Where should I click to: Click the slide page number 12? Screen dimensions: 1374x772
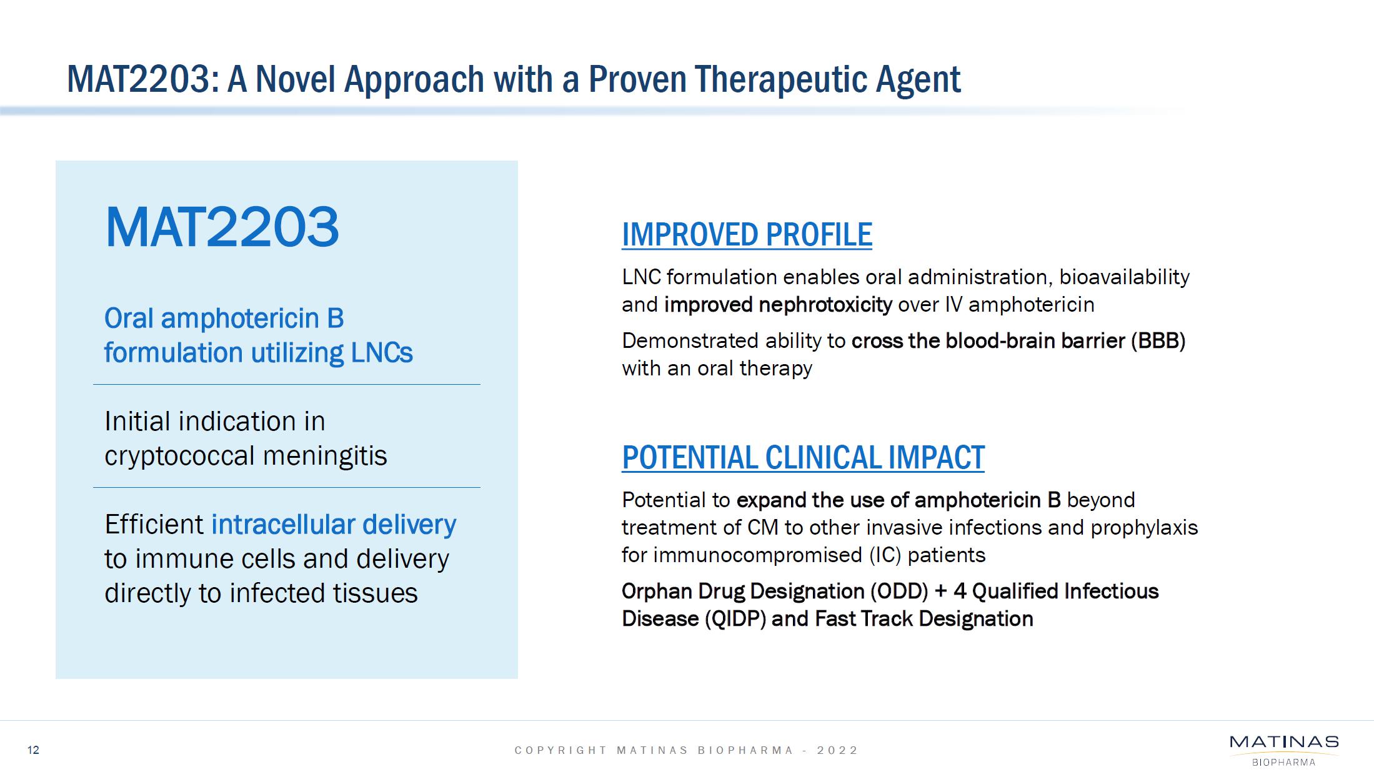(33, 750)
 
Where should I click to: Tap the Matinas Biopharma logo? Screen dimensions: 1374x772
(1284, 750)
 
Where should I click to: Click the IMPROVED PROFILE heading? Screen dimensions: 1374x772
(747, 235)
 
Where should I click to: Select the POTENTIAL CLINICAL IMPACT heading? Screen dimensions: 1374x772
(803, 457)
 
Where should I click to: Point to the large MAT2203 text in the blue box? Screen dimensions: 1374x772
(222, 227)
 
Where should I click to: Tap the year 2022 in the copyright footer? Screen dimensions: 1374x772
(838, 750)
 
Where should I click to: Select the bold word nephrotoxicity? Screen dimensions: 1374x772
(825, 305)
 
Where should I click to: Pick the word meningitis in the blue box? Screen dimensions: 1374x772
(325, 456)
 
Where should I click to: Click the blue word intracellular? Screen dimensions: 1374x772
(284, 524)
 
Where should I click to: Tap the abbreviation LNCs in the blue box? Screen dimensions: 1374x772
(382, 353)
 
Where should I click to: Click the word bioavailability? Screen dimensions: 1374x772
(1124, 277)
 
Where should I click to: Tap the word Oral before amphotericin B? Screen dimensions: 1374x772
(129, 319)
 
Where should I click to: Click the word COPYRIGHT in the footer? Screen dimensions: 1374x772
(560, 750)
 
